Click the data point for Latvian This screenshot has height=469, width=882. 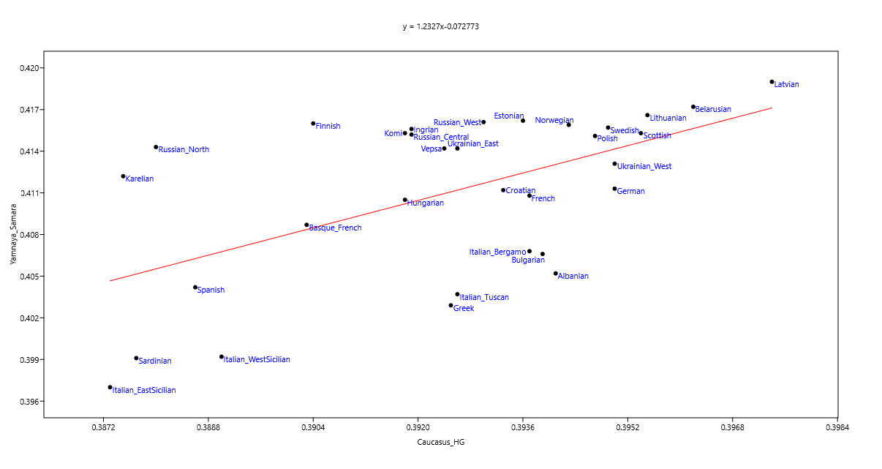point(772,82)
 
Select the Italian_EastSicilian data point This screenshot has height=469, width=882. point(110,387)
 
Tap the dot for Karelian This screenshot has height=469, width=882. point(123,176)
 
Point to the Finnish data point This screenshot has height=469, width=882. point(313,124)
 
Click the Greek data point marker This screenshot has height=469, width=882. point(451,305)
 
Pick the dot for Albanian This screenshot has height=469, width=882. point(555,274)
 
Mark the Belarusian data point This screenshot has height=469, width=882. point(693,107)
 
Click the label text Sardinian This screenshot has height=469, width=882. point(155,361)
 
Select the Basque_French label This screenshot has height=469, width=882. point(335,228)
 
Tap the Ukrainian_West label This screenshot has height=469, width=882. point(644,166)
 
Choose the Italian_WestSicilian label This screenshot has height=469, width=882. point(257,359)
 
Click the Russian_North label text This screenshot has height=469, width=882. point(184,149)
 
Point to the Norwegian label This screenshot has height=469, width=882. point(554,120)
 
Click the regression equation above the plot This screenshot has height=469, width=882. point(440,26)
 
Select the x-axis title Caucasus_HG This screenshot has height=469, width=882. point(440,442)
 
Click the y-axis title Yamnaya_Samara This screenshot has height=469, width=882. point(13,233)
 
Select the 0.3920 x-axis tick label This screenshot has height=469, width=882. point(418,427)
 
